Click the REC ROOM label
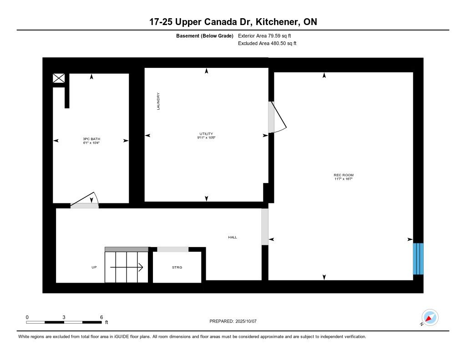[x=344, y=175]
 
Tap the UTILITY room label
[x=206, y=134]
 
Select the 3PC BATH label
[x=91, y=139]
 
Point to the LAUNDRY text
[x=158, y=101]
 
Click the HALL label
[x=233, y=237]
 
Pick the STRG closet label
[x=177, y=267]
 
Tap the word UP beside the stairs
[x=94, y=267]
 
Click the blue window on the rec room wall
[x=418, y=259]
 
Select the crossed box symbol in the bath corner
[x=59, y=78]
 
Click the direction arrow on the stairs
[x=127, y=267]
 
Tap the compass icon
[x=430, y=318]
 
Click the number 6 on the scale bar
[x=101, y=317]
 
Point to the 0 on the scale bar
[x=27, y=317]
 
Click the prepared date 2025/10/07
[x=246, y=321]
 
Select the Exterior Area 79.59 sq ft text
[x=264, y=35]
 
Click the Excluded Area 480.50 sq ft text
[x=267, y=43]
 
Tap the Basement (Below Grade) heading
[x=205, y=35]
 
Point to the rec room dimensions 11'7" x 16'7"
[x=344, y=179]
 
